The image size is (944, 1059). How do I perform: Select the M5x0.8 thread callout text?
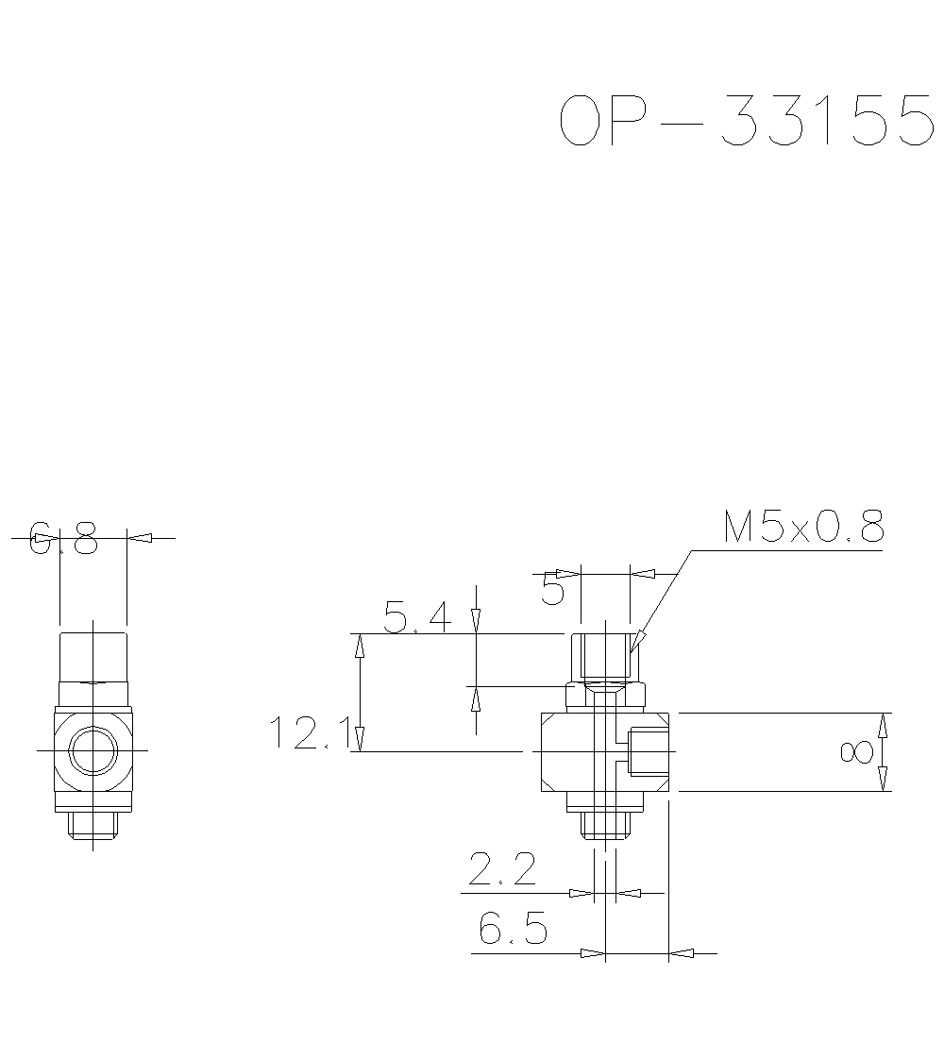pos(803,528)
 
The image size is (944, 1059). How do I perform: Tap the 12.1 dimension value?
pos(309,732)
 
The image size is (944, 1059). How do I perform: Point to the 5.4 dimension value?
pos(417,618)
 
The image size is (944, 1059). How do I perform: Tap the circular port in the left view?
pos(93,750)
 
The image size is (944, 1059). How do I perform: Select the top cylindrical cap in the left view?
pos(93,656)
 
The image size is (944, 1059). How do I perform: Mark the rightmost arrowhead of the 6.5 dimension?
pos(681,953)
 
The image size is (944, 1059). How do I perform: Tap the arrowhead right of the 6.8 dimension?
pos(140,538)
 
